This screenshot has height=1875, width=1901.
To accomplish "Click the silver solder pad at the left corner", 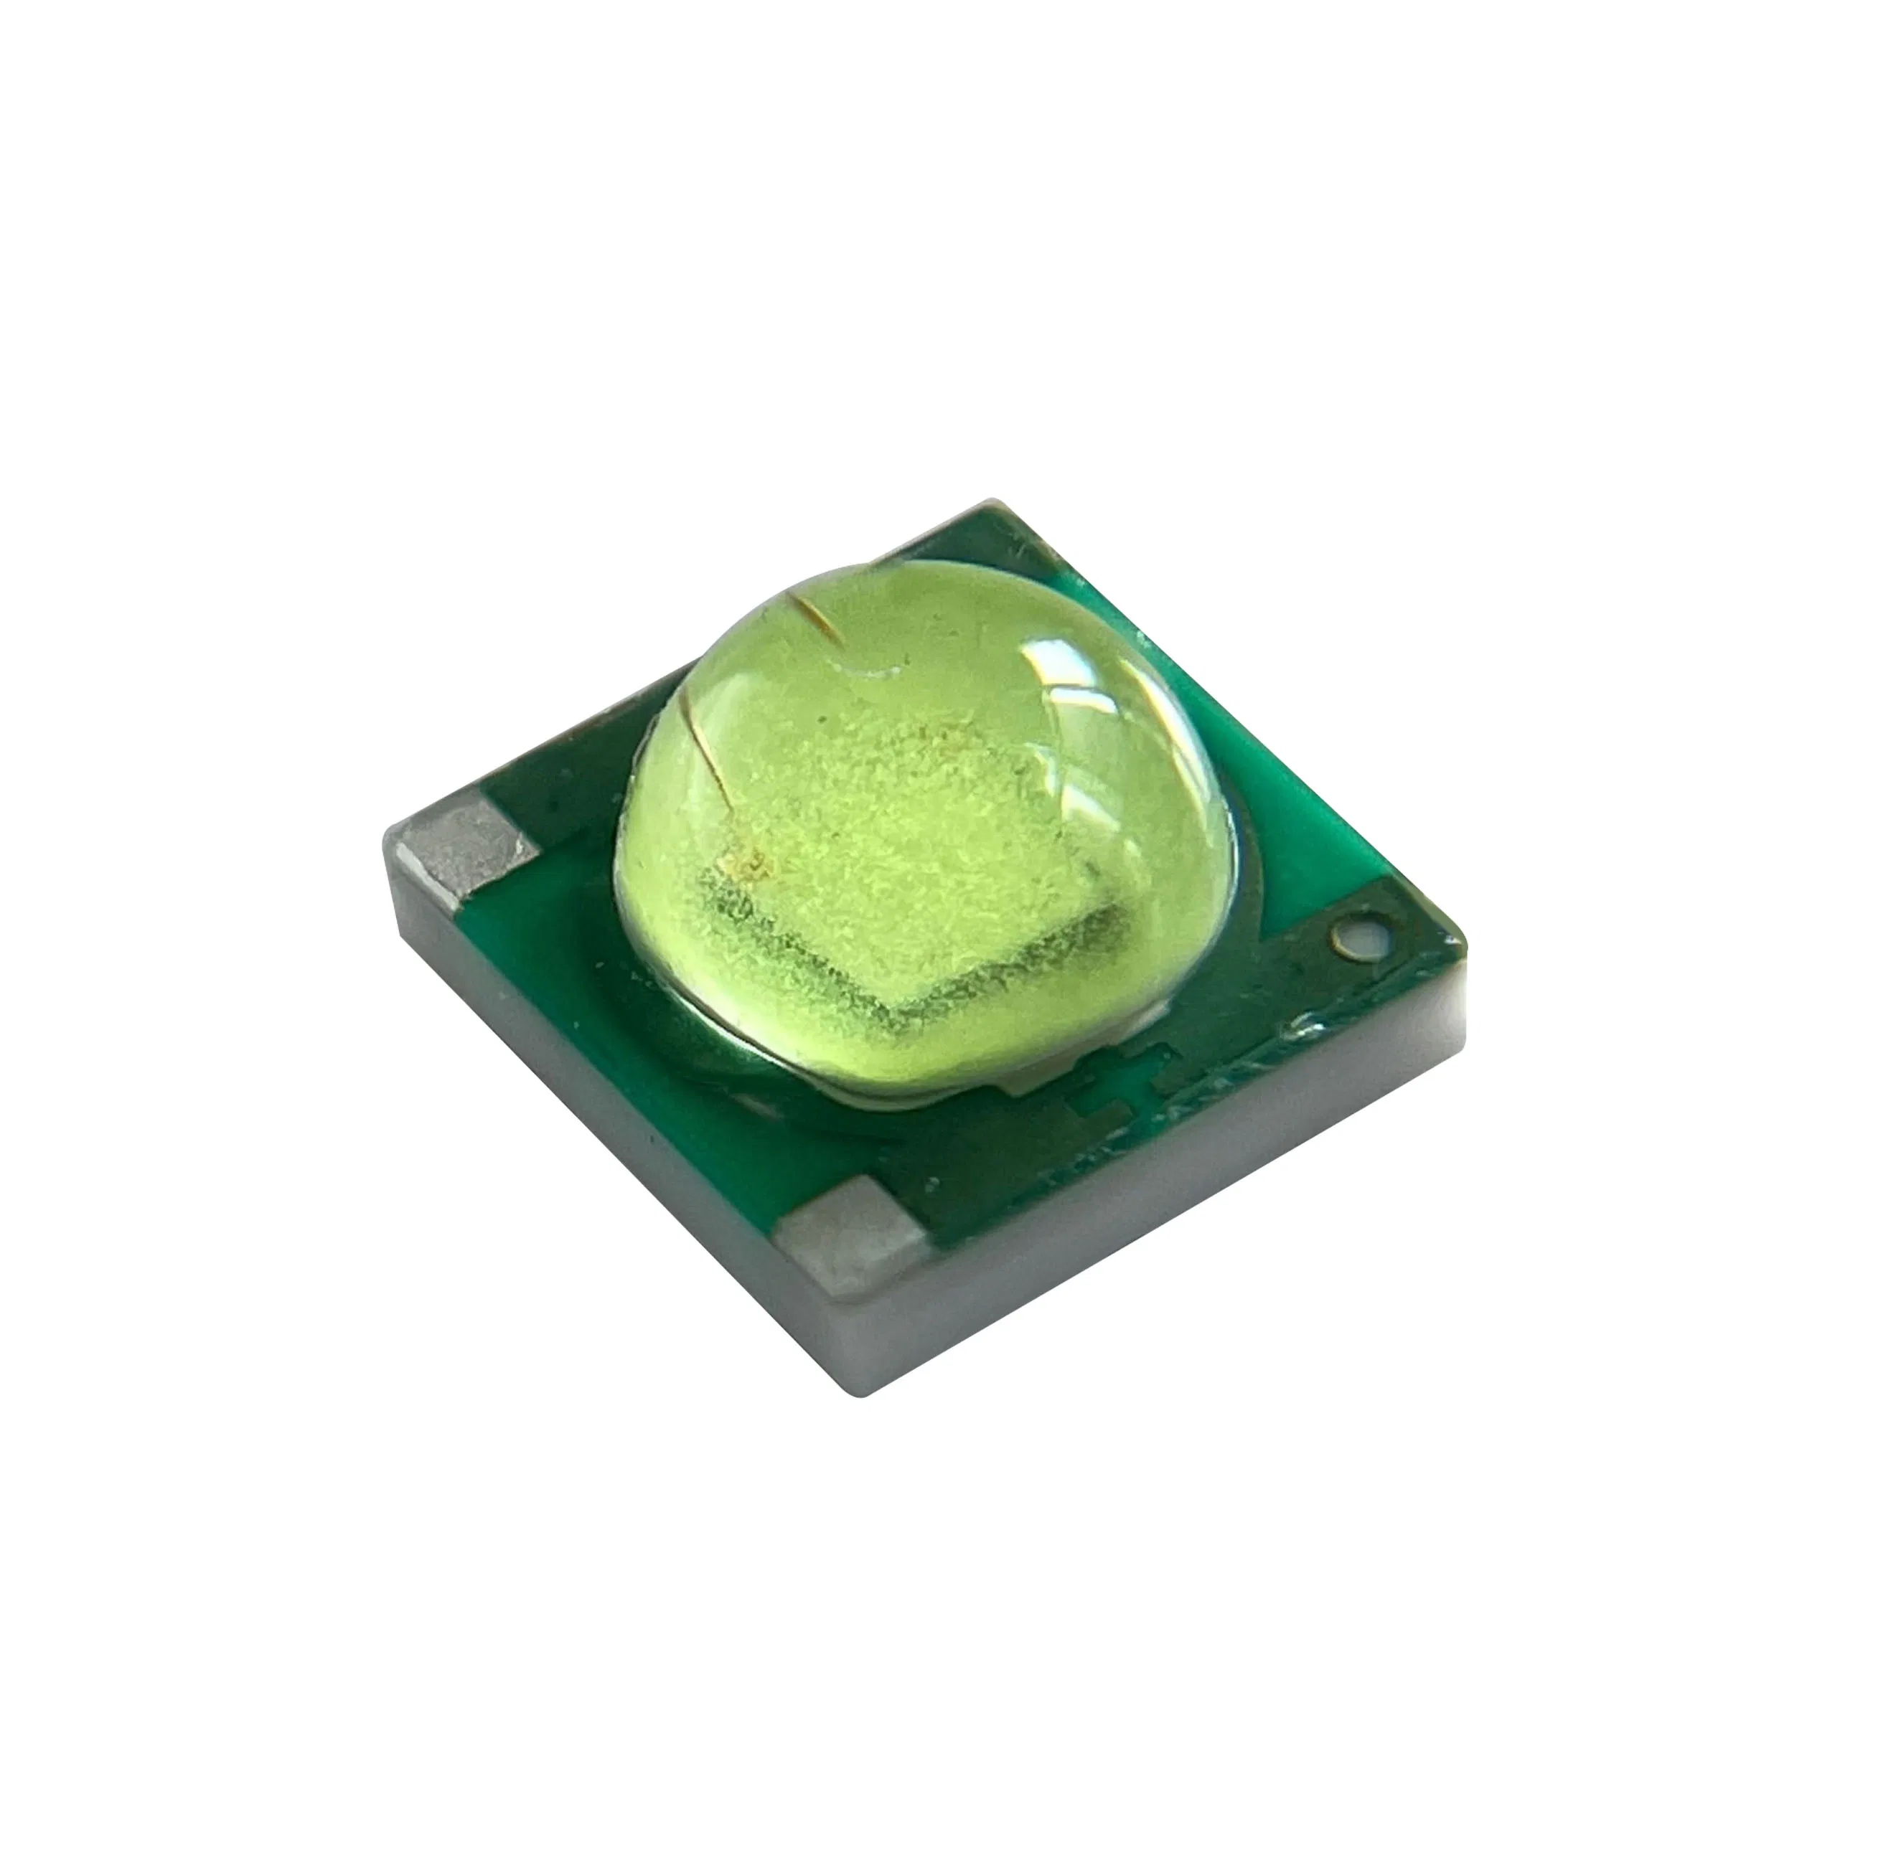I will pyautogui.click(x=459, y=844).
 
